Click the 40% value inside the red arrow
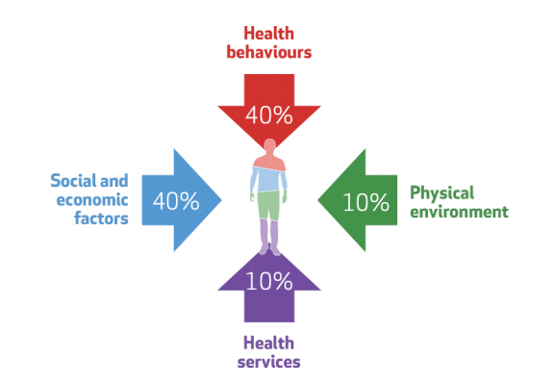[269, 115]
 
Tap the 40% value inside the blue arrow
[176, 201]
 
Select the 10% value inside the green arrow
[366, 202]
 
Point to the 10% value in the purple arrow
[269, 281]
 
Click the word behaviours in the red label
[269, 52]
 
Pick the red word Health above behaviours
[269, 34]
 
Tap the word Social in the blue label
[73, 181]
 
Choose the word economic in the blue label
[92, 200]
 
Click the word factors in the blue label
[101, 218]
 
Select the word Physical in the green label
[442, 193]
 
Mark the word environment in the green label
[459, 212]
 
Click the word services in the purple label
[269, 362]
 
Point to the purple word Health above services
[269, 343]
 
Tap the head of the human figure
[270, 145]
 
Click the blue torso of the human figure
[268, 180]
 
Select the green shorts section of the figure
[268, 205]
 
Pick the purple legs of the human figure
[269, 236]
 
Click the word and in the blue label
[114, 181]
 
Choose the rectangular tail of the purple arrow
[269, 306]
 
